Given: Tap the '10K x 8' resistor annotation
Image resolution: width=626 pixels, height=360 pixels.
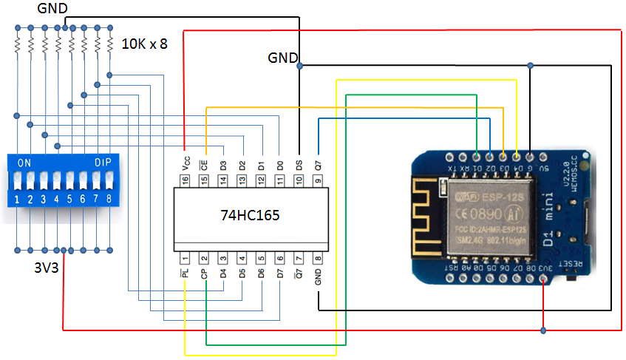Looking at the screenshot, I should coord(144,44).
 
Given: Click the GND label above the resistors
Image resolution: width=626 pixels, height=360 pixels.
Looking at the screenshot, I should coord(52,9).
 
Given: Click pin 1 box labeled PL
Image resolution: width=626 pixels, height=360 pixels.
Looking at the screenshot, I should coord(184,258).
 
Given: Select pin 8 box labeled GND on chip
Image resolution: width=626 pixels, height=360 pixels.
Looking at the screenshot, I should coord(318,258).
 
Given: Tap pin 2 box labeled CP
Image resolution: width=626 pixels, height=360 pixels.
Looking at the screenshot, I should coord(203,258).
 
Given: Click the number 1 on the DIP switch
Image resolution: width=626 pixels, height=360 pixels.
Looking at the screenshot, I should coord(16,200).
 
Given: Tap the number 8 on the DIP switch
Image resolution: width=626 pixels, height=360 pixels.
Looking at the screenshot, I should coord(109,200).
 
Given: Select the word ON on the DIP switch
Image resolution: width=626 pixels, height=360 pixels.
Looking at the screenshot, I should coord(24,162).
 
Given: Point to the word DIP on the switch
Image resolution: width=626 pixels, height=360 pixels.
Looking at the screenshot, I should coord(102,162).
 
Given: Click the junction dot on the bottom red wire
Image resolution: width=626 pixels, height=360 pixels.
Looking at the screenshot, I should coord(543,330).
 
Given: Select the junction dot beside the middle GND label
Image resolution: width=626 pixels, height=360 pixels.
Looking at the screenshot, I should coord(299,66).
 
